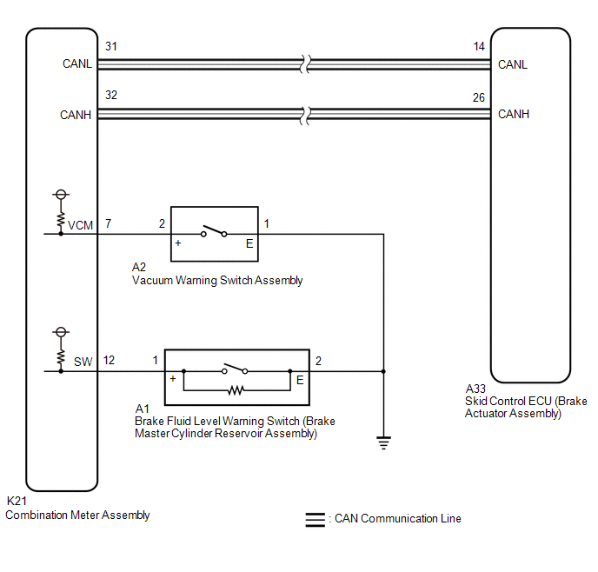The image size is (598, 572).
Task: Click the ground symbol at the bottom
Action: [x=383, y=442]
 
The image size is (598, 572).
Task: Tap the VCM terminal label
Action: [x=80, y=225]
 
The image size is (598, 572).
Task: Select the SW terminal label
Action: [x=83, y=362]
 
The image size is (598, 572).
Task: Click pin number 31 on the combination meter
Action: [x=111, y=46]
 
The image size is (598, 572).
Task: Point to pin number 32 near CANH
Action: [x=111, y=95]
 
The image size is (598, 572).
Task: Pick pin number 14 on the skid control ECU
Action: [x=479, y=47]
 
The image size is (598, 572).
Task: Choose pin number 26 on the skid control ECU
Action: [x=479, y=97]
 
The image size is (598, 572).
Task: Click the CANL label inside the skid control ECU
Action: [x=513, y=64]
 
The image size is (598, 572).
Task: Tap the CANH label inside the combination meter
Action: [x=76, y=115]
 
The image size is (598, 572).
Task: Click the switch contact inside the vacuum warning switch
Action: [x=214, y=230]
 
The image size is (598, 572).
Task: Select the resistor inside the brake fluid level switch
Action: [x=236, y=390]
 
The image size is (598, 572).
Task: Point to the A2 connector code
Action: [x=139, y=267]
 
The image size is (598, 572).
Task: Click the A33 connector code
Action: [x=475, y=389]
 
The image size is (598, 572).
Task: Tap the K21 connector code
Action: [x=17, y=501]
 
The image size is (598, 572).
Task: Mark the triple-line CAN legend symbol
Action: [x=315, y=520]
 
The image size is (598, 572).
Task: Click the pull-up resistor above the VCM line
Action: [x=61, y=219]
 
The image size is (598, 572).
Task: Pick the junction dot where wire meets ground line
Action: [x=383, y=371]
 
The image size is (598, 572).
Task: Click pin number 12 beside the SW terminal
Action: [x=109, y=361]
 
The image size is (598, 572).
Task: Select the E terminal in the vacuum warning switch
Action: [x=249, y=243]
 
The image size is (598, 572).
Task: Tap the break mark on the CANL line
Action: [x=305, y=63]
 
